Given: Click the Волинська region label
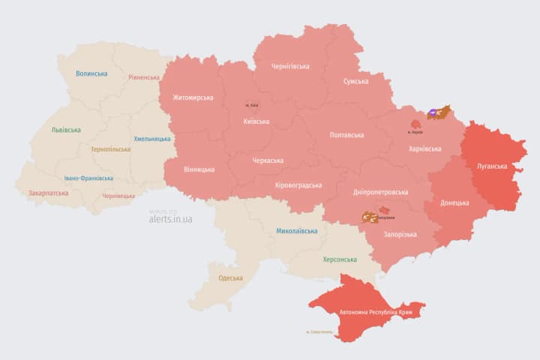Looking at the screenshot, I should pos(91,73).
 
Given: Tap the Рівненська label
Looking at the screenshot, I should pos(144,77).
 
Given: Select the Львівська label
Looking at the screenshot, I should pos(66,130).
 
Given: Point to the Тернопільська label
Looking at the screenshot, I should pos(110,149).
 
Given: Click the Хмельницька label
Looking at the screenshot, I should pos(152,139).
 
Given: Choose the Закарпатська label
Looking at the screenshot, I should pos(48,193).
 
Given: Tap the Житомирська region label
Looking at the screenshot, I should pos(193,97).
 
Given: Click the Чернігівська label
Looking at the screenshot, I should pos(290,66).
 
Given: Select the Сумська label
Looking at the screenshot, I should pos(355,81).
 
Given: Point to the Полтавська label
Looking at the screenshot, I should pos(346,135).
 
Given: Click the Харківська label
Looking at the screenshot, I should pos(425,149).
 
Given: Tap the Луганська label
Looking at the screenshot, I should pos(491,166).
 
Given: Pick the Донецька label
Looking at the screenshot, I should pos(454,202).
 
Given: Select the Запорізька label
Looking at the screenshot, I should pos(400,235).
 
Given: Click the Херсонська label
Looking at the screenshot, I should pos(339,259).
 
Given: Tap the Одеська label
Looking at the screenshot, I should pos(230,278).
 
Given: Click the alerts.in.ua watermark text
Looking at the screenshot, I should pos(170,219).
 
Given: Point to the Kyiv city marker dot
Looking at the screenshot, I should pos(250,104).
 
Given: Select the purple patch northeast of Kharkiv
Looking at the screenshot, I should pos(434,113).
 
